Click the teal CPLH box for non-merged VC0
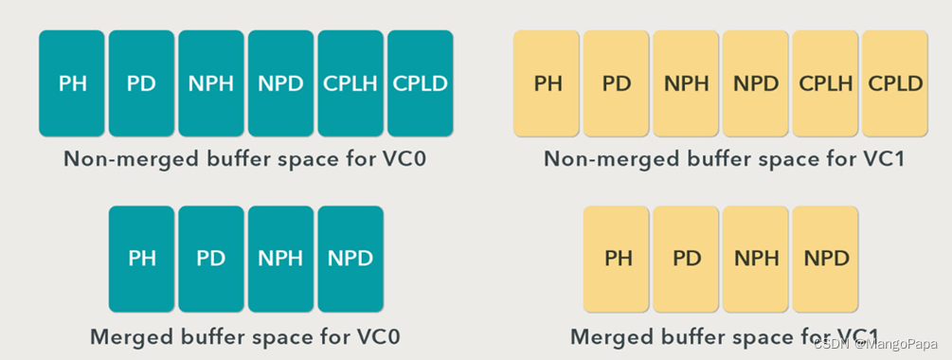click(350, 83)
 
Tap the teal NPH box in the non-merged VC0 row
click(211, 83)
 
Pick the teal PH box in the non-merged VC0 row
click(72, 83)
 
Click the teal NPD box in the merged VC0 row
click(350, 259)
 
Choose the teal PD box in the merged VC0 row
click(211, 259)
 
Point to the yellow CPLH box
click(825, 83)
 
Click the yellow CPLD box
click(895, 83)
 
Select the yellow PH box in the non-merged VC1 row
click(547, 83)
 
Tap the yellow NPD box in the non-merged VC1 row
click(756, 83)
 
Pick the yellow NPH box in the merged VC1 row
click(756, 259)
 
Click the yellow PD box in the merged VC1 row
click(687, 259)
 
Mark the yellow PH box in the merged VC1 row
click(617, 259)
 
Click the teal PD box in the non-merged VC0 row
click(141, 83)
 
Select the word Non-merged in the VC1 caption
click(596, 159)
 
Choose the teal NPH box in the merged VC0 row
click(280, 259)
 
